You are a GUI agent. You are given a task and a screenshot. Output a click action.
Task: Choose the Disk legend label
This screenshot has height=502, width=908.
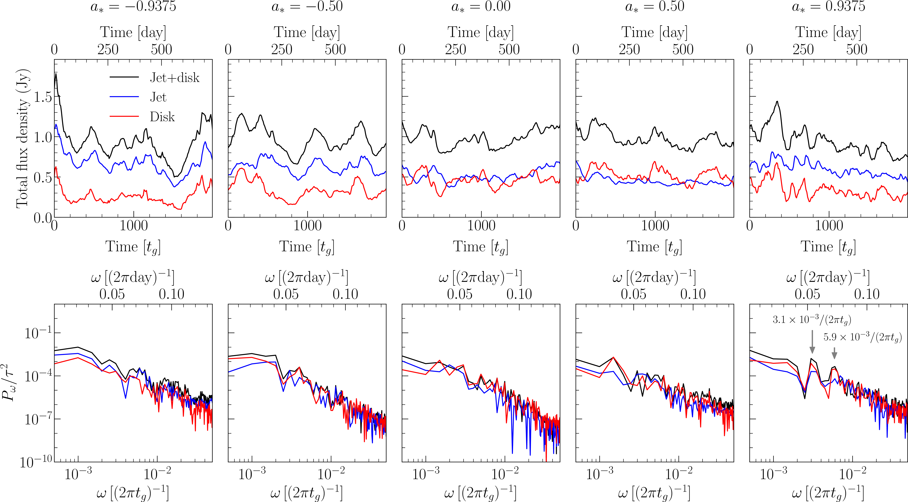[162, 117]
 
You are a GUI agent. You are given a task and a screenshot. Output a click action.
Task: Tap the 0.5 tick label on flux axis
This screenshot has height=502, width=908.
[43, 178]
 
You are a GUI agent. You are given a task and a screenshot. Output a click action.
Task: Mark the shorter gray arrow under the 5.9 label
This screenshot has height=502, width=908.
[834, 353]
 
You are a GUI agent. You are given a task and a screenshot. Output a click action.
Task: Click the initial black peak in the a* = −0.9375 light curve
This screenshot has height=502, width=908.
[56, 74]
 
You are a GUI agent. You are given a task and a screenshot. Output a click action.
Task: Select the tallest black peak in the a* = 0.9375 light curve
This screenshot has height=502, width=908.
[777, 102]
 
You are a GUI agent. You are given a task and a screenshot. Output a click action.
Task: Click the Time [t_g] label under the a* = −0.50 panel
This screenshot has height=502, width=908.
[307, 247]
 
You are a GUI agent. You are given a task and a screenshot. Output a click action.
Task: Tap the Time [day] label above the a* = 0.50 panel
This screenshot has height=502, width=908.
[654, 32]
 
